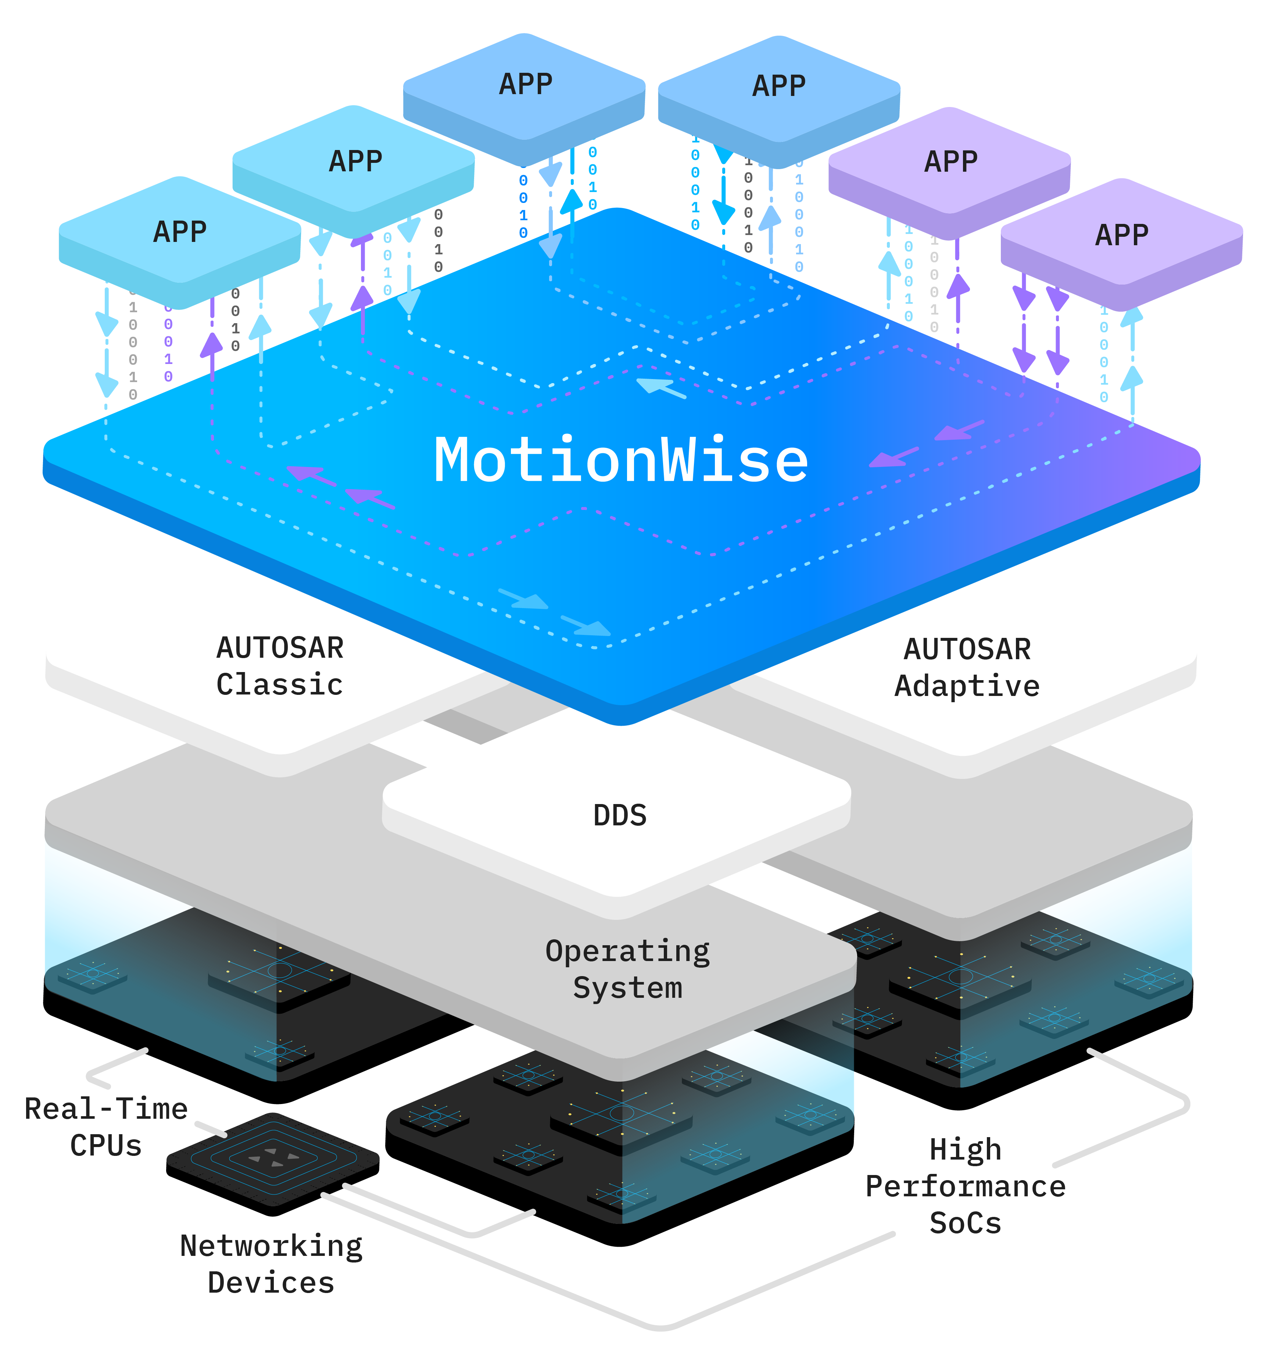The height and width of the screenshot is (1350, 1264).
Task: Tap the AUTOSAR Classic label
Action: [280, 666]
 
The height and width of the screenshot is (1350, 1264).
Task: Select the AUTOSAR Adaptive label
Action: [967, 668]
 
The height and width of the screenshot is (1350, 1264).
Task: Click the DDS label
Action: [620, 815]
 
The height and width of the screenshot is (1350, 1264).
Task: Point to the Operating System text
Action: [627, 969]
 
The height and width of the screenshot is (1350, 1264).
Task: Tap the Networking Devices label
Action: [271, 1264]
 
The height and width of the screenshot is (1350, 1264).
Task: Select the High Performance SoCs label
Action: [965, 1186]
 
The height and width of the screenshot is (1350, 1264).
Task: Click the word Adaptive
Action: [967, 686]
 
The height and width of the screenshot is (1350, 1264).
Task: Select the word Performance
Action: [965, 1186]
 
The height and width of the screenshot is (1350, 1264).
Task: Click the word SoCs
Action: [965, 1223]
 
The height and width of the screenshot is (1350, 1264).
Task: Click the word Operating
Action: [627, 951]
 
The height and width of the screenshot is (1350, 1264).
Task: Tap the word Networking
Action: [271, 1246]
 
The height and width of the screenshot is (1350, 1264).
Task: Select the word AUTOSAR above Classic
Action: [280, 648]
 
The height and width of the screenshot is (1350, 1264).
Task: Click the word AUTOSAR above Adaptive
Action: [967, 649]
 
